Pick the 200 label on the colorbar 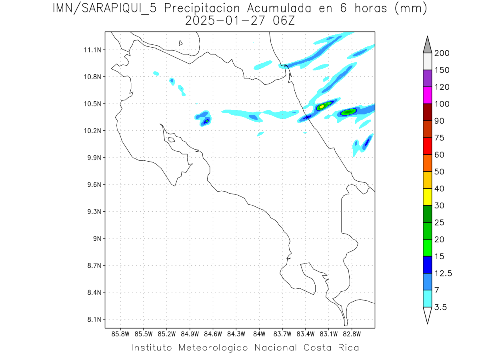442,53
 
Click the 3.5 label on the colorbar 441,307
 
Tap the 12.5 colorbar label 443,274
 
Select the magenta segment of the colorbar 427,96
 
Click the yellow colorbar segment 427,197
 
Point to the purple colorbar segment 427,78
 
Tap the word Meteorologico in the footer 215,348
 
